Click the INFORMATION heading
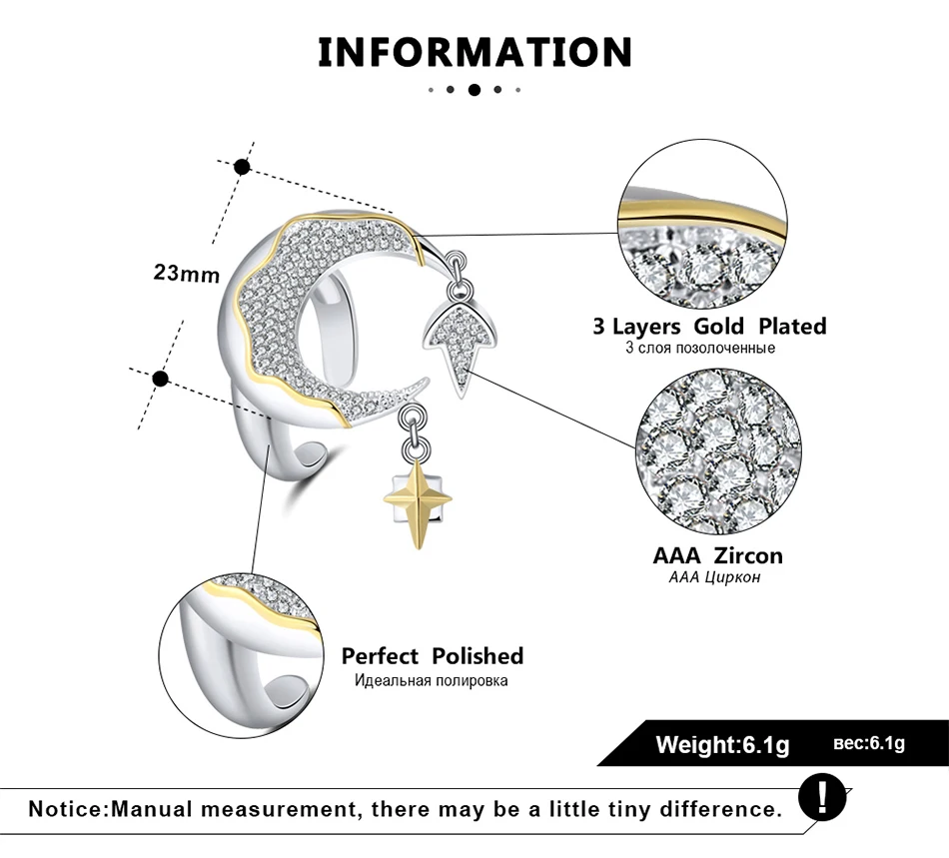(x=475, y=52)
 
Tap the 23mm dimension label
(x=187, y=273)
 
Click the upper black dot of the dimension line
(x=242, y=167)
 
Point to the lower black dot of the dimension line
(x=161, y=379)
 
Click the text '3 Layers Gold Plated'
(x=709, y=327)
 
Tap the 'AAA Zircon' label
(x=718, y=555)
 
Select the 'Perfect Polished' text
(x=433, y=656)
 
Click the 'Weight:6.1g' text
(x=722, y=744)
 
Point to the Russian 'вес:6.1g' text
(x=868, y=743)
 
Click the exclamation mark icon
(x=822, y=797)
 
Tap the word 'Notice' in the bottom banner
(x=66, y=809)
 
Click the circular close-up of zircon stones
(x=718, y=452)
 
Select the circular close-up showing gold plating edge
(x=702, y=225)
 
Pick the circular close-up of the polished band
(x=242, y=655)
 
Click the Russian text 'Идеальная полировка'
(x=431, y=681)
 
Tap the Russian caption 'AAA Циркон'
(x=714, y=577)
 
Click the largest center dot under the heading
(x=474, y=90)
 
